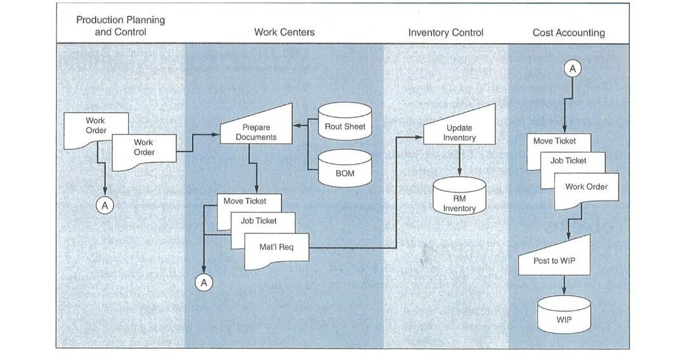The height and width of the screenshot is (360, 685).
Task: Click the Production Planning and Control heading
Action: (121, 26)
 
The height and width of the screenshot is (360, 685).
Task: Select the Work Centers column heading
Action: (284, 32)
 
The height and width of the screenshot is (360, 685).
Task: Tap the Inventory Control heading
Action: (445, 32)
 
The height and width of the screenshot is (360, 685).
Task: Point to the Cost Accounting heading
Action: (568, 32)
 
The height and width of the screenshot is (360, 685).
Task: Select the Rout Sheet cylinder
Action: (344, 127)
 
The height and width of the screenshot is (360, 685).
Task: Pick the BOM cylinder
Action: (344, 172)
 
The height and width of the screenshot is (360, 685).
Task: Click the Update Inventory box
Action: (459, 132)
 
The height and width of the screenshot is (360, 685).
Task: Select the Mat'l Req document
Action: (277, 247)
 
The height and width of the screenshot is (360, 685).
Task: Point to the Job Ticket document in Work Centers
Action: (258, 221)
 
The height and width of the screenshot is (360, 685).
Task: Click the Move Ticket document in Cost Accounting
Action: (554, 141)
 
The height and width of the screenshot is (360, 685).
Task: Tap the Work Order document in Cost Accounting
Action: (586, 187)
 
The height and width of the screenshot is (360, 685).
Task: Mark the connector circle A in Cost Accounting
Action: (573, 70)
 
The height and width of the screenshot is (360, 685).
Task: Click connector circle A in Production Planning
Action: (105, 205)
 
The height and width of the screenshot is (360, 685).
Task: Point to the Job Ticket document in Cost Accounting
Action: (568, 161)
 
